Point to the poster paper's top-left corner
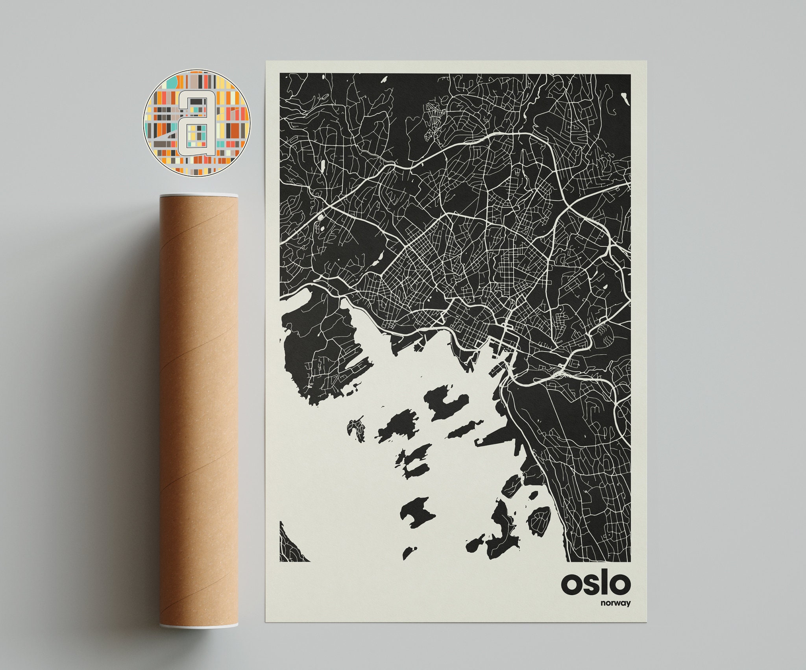[x=267, y=61]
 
